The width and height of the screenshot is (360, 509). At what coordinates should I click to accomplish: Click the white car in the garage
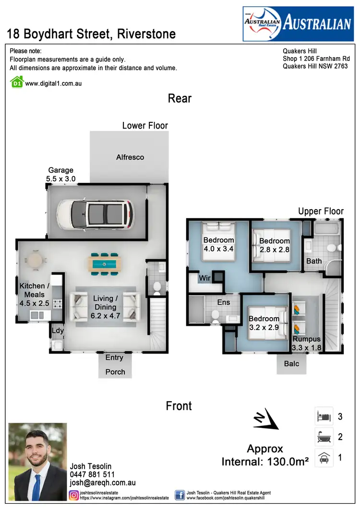tap(95, 213)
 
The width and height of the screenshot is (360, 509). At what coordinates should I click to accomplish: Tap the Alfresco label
tap(130, 157)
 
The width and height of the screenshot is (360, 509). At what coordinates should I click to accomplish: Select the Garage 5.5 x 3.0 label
tap(61, 174)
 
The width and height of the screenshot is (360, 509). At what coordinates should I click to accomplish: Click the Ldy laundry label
tap(58, 331)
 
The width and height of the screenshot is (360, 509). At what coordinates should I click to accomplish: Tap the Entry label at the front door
tap(114, 357)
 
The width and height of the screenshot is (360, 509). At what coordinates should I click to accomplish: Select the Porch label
tap(115, 372)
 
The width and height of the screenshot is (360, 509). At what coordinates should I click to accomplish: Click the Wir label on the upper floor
tap(205, 278)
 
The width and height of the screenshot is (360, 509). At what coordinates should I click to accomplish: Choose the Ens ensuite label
tap(223, 302)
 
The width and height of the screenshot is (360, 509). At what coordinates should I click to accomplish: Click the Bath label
tap(314, 261)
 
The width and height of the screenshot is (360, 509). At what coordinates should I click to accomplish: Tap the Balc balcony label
tap(291, 364)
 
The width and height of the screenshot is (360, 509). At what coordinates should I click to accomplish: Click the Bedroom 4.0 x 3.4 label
tap(218, 244)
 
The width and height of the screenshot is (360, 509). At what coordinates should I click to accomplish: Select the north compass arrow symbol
tap(266, 419)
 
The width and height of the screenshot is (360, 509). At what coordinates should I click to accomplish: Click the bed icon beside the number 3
tap(324, 416)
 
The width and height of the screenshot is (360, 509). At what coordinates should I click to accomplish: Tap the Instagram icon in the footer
tap(74, 495)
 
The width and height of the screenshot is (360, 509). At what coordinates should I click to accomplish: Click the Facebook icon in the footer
tap(180, 495)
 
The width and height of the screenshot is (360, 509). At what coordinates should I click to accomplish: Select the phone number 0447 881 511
tap(93, 474)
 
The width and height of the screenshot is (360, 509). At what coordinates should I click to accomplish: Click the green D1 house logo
tap(17, 82)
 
